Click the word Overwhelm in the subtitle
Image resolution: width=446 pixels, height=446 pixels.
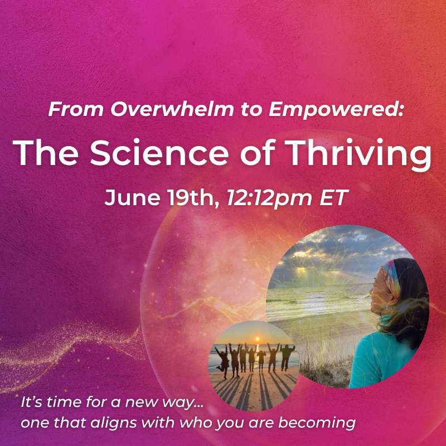[172, 109]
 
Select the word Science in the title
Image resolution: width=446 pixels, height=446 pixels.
[159, 153]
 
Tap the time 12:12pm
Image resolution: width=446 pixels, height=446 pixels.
[269, 198]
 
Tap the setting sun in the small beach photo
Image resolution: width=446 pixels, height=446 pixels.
[258, 339]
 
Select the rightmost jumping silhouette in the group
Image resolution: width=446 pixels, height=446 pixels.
[287, 357]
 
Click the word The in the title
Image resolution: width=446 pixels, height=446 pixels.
[46, 153]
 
